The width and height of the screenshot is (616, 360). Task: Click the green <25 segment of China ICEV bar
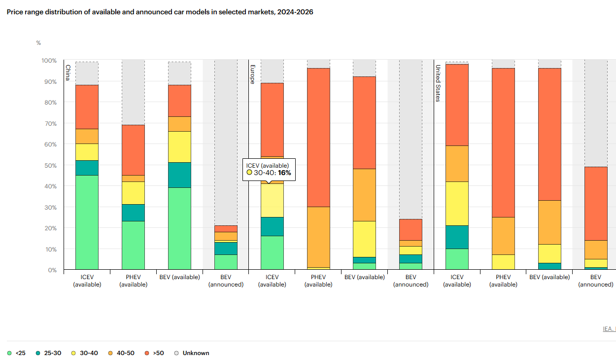click(x=87, y=222)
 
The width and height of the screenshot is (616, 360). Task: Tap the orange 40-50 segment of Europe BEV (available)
click(x=364, y=195)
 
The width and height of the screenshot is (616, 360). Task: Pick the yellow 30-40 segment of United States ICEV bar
click(x=457, y=203)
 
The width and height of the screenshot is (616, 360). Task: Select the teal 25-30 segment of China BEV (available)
click(x=179, y=175)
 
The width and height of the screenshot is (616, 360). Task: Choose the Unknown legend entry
click(x=192, y=353)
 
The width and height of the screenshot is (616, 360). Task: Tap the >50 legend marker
click(x=147, y=353)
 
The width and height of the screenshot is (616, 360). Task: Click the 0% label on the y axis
click(x=52, y=270)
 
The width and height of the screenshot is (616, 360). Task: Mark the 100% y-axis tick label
click(x=49, y=61)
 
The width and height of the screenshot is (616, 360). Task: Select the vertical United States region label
click(x=437, y=83)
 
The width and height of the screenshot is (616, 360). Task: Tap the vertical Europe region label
click(x=252, y=74)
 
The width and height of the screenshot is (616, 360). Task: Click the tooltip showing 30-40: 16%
click(x=269, y=169)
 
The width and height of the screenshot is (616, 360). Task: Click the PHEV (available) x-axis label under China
click(x=133, y=281)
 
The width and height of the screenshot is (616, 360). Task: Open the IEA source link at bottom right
click(x=609, y=329)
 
